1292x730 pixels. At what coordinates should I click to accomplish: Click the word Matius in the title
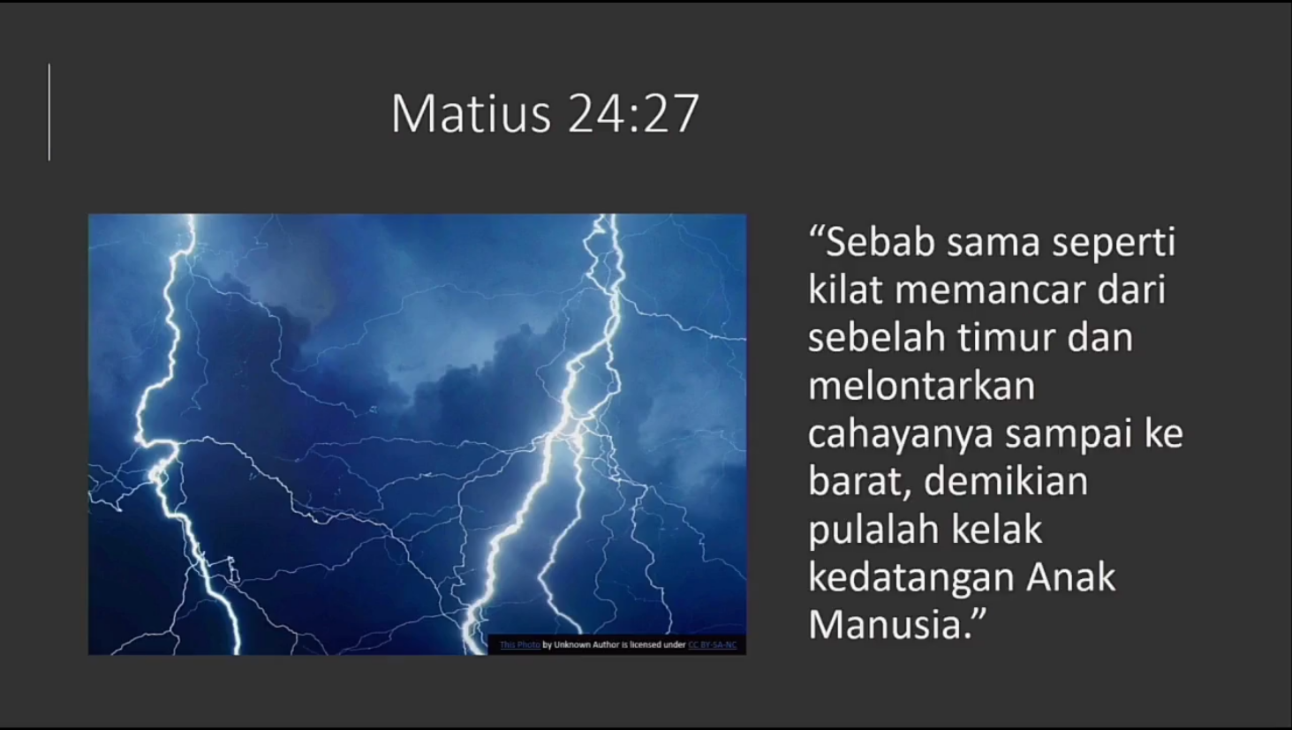coord(472,113)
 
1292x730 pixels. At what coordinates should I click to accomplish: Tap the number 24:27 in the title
coord(634,113)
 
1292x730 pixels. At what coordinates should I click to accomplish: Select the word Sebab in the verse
coord(880,241)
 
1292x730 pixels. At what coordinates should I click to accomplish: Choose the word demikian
coord(1006,481)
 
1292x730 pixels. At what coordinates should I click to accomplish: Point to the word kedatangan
coord(910,579)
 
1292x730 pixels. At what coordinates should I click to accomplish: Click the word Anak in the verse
coord(1071,577)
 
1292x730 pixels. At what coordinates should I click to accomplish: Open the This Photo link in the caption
coord(519,644)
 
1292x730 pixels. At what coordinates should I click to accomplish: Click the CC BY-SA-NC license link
coord(713,644)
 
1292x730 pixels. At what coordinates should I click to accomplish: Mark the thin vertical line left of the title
coord(49,112)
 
